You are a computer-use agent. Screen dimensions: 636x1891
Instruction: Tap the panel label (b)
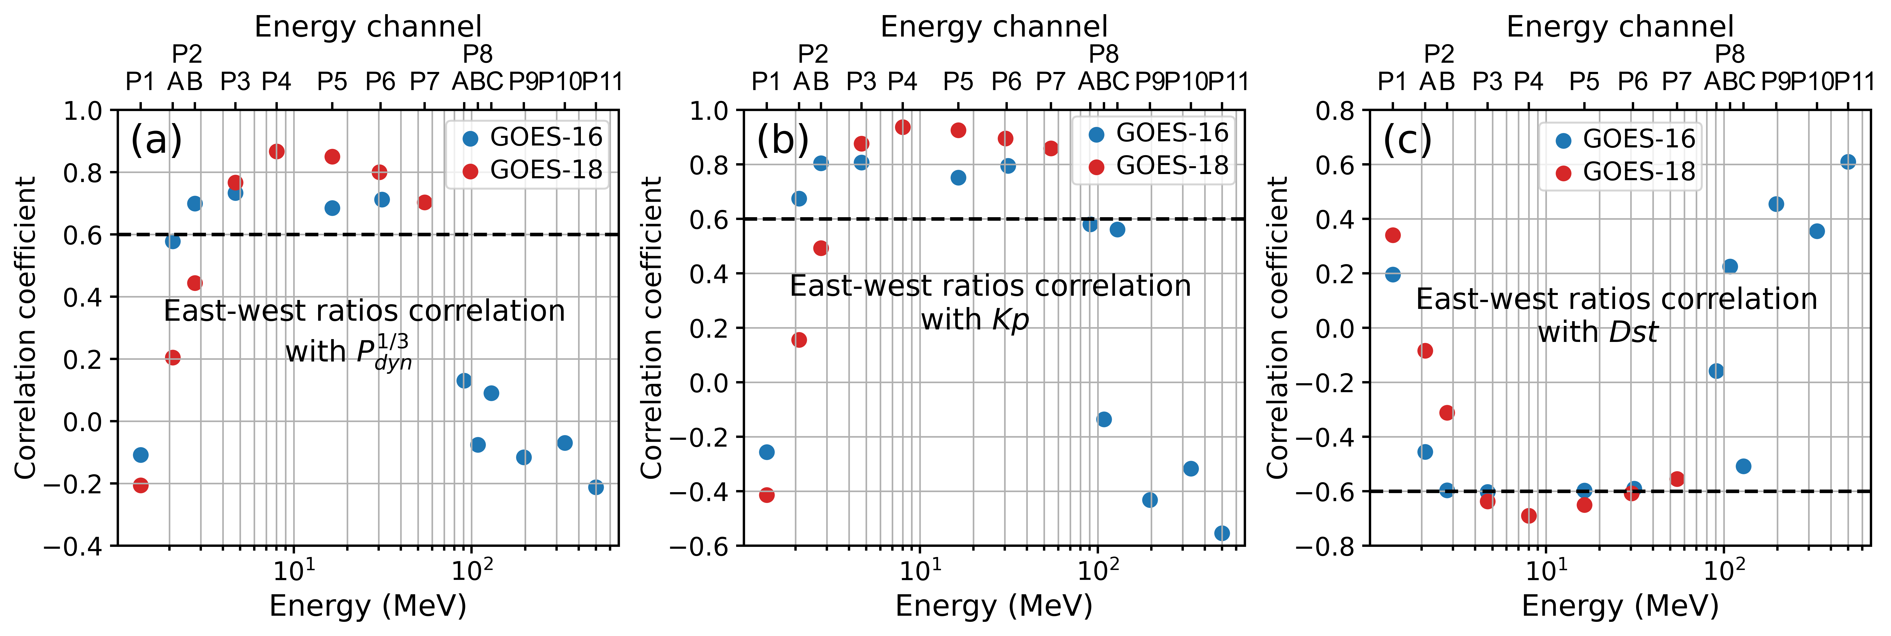click(x=783, y=140)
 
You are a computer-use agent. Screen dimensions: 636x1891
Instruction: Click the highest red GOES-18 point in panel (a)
click(x=277, y=151)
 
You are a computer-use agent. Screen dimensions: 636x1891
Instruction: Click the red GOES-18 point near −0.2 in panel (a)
click(x=141, y=486)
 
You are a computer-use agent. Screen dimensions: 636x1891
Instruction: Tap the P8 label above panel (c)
click(x=1730, y=54)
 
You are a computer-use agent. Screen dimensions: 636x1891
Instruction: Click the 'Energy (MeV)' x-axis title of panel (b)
click(x=994, y=606)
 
